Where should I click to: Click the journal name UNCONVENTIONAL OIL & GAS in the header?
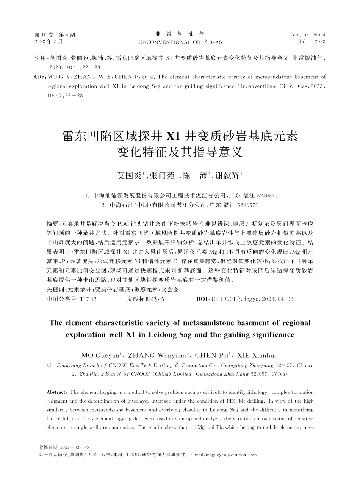click(180, 42)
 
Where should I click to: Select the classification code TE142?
click(88, 299)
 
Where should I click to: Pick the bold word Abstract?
click(56, 392)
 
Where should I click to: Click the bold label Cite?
click(39, 77)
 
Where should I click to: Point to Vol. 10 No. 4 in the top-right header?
click(308, 35)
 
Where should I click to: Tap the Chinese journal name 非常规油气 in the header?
click(180, 34)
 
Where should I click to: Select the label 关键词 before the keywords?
click(54, 289)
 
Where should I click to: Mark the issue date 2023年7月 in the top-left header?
click(49, 42)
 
